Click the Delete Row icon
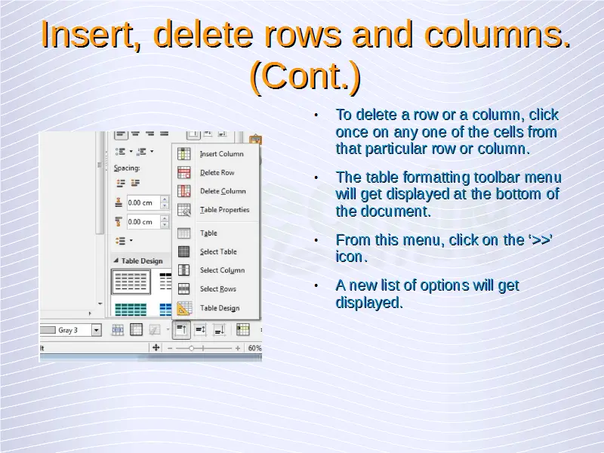[183, 173]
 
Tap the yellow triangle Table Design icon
[183, 308]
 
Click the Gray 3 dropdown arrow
[97, 330]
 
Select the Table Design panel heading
[142, 260]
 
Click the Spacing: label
[127, 168]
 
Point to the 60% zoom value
[254, 348]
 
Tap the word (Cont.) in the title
[305, 76]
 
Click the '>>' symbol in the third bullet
[539, 239]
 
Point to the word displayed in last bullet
[368, 302]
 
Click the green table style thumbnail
[131, 309]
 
